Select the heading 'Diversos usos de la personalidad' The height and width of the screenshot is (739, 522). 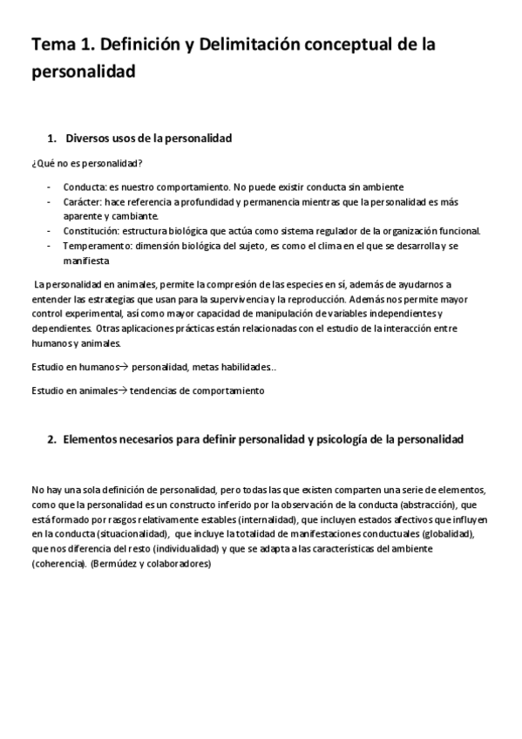pyautogui.click(x=148, y=139)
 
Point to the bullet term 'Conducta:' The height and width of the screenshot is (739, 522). pyautogui.click(x=84, y=187)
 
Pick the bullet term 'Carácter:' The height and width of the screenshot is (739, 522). pyautogui.click(x=83, y=201)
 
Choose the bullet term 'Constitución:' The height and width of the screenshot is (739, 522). pyautogui.click(x=91, y=231)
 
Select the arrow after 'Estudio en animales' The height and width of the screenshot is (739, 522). pyautogui.click(x=122, y=391)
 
